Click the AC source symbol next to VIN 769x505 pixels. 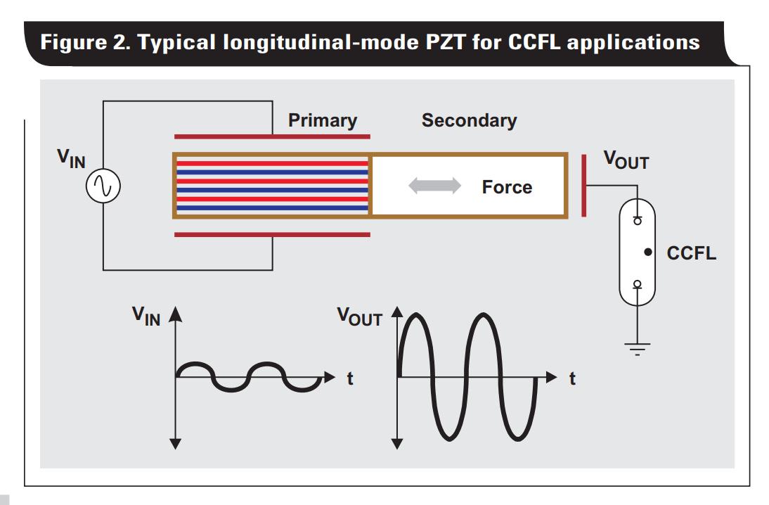(x=103, y=186)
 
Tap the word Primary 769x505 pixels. (x=323, y=120)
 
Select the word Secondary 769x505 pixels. (x=469, y=120)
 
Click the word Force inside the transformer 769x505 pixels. (x=507, y=187)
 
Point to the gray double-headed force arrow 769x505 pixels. (x=435, y=186)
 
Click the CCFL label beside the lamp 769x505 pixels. (x=692, y=253)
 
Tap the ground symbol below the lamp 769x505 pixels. (x=637, y=347)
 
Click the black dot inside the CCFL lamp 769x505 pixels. (x=647, y=252)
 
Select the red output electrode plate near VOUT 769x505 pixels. (x=583, y=186)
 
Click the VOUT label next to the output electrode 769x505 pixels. (x=626, y=160)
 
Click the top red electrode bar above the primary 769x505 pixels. (x=272, y=136)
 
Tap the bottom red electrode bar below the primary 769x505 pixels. (x=272, y=235)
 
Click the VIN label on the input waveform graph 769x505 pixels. (x=146, y=317)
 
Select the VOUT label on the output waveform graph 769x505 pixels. (x=358, y=317)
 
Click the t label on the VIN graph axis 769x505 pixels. (x=349, y=379)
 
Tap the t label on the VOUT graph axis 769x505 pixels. (x=572, y=379)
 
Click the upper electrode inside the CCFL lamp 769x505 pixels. (x=637, y=220)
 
